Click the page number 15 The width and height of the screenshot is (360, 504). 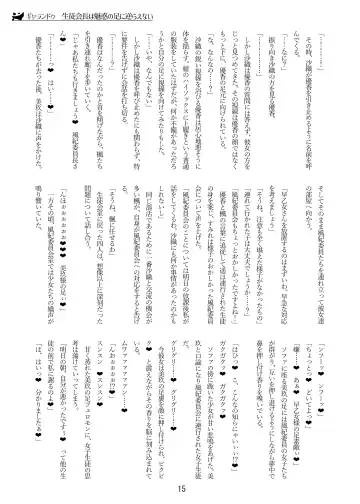coord(181,487)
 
